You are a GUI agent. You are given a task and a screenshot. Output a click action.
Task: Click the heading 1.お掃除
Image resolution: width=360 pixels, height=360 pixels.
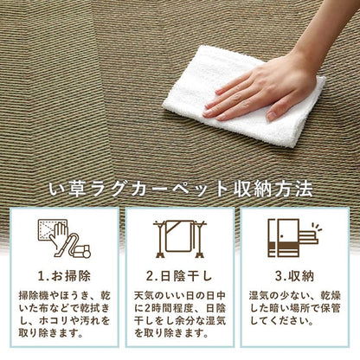click(65, 278)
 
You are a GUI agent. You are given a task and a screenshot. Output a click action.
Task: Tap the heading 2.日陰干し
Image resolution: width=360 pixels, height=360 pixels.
click(180, 278)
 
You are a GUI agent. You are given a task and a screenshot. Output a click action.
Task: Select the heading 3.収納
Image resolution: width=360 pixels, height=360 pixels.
click(293, 278)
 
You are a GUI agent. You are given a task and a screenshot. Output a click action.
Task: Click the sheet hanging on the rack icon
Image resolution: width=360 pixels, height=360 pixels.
click(180, 237)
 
